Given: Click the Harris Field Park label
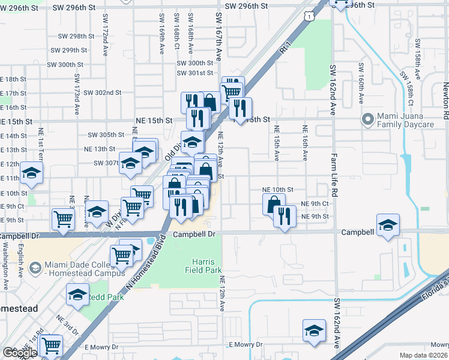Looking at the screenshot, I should coord(208,266).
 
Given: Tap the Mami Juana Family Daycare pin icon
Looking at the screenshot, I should coord(368,119).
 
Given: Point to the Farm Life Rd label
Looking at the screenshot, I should coord(332,173).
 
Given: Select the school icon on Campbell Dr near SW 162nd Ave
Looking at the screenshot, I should coord(388,225).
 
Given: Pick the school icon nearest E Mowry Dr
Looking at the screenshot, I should coord(314,331).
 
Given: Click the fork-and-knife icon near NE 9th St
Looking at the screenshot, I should coord(285,215).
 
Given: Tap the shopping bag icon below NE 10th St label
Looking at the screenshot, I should coord(273,204).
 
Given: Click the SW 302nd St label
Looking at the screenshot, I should coord(102,92).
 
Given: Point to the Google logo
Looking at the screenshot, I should coord(20,353).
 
